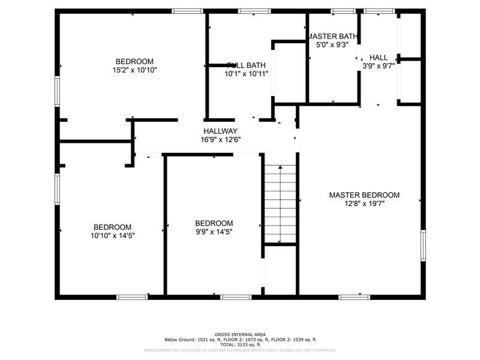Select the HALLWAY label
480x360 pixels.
pyautogui.click(x=220, y=131)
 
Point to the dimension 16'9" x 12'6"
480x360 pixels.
pyautogui.click(x=220, y=139)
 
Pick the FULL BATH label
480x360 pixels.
pyautogui.click(x=246, y=65)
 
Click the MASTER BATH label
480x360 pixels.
pyautogui.click(x=332, y=36)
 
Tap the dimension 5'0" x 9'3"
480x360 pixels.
pyautogui.click(x=332, y=44)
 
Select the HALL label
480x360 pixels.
pyautogui.click(x=379, y=58)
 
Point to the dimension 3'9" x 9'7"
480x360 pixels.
pyautogui.click(x=379, y=66)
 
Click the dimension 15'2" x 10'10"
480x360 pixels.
pyautogui.click(x=134, y=70)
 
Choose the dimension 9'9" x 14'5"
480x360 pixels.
pyautogui.click(x=214, y=232)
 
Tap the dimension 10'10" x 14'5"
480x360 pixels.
pyautogui.click(x=112, y=235)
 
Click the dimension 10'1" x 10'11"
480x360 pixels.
pyautogui.click(x=246, y=74)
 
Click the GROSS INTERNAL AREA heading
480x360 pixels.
pyautogui.click(x=240, y=334)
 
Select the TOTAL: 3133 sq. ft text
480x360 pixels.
pyautogui.click(x=240, y=344)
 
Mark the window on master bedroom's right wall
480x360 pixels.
pyautogui.click(x=423, y=245)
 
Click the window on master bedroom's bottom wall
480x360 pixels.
pyautogui.click(x=355, y=296)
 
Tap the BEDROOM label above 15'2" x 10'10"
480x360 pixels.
pyautogui.click(x=134, y=61)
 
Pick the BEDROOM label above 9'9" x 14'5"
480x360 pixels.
pyautogui.click(x=214, y=223)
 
